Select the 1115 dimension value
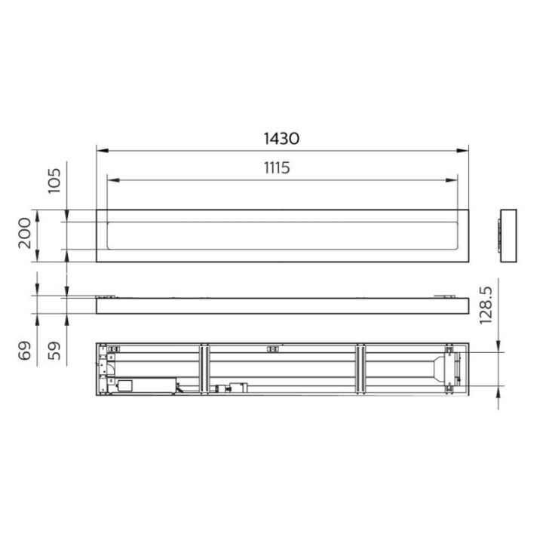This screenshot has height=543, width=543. [277, 168]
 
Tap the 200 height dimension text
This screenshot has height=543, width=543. [23, 235]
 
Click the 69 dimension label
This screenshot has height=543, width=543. [23, 351]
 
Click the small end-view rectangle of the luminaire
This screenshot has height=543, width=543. [510, 235]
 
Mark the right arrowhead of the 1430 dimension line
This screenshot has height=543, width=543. [465, 150]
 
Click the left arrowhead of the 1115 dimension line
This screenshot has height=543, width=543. [112, 180]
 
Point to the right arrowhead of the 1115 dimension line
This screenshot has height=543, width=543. [453, 180]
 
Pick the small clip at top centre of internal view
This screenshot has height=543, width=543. [272, 348]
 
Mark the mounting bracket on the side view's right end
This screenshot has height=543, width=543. [444, 296]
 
